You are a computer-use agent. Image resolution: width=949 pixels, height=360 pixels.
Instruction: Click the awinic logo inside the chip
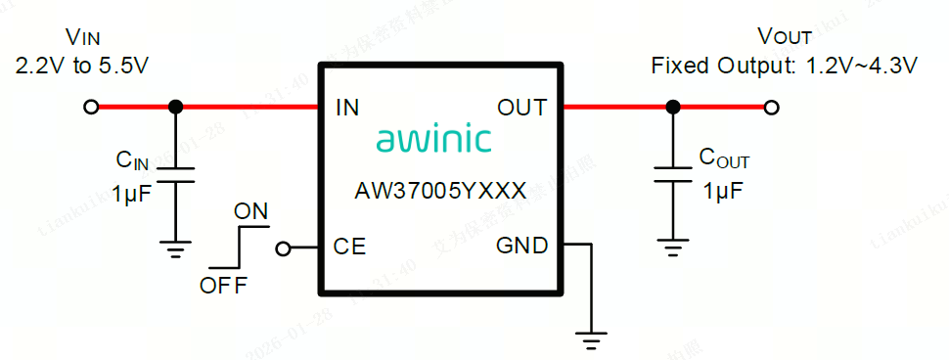433,140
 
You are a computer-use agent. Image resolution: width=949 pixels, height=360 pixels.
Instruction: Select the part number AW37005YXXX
440,190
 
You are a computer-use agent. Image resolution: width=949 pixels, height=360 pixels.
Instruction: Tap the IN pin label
347,108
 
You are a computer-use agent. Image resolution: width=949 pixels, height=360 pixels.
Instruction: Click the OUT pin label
521,108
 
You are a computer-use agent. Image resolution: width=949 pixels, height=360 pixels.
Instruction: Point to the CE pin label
349,247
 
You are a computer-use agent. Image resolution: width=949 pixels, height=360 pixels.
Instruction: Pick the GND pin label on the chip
521,246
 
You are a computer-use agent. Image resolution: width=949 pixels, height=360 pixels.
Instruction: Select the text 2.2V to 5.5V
82,67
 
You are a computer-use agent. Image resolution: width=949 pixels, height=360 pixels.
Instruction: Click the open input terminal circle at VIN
91,108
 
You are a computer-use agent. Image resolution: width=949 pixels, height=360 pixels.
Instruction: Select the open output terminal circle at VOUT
772,108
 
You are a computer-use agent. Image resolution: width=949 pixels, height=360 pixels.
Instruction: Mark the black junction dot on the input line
175,108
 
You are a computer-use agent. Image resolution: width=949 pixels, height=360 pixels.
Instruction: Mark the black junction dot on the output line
672,108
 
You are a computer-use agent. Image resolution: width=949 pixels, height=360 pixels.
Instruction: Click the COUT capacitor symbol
672,173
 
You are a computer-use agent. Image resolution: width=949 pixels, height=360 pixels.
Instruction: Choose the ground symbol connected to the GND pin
589,341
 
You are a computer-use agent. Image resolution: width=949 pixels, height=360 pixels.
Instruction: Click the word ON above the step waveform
250,211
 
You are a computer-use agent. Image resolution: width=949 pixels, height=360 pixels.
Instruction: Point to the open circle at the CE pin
283,248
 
